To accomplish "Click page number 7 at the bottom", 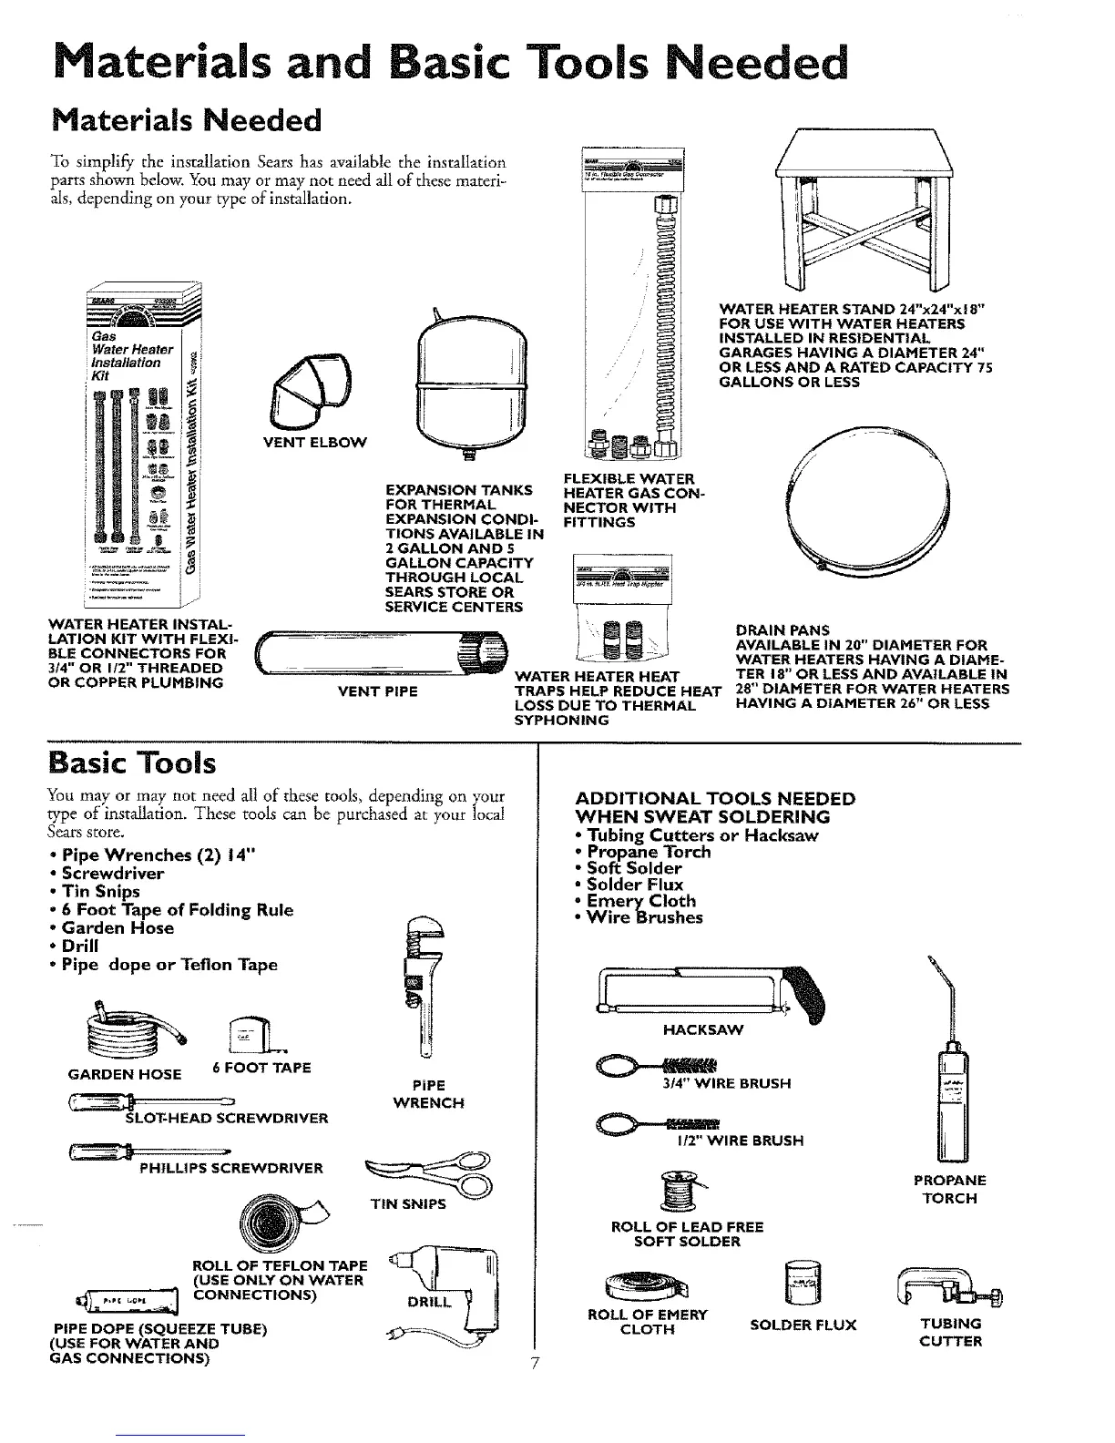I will (536, 1364).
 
